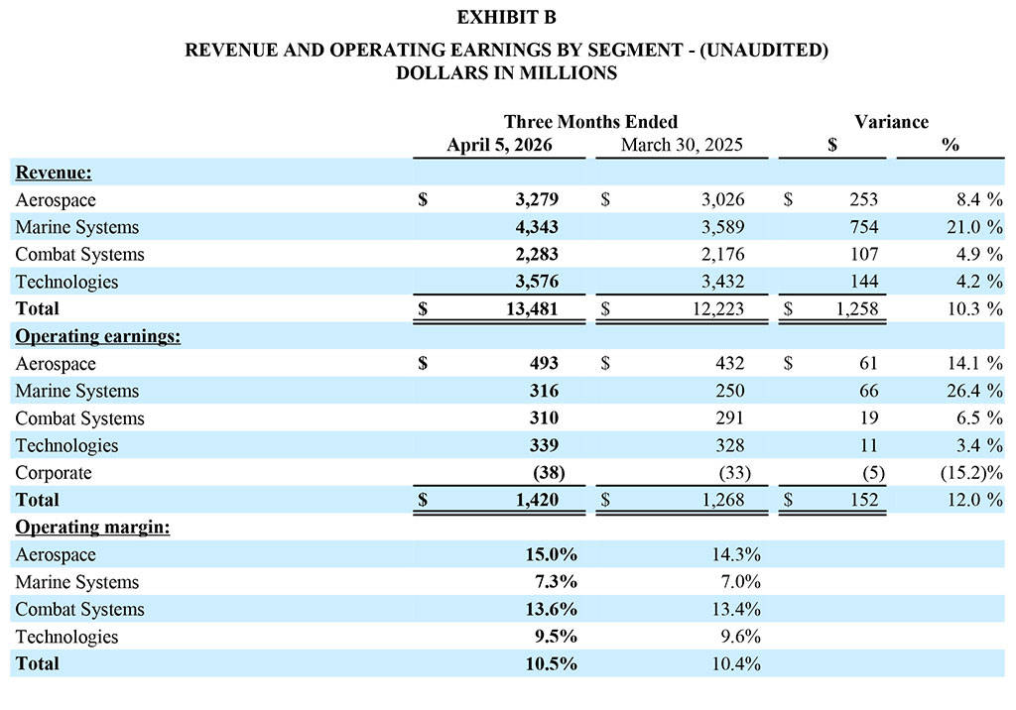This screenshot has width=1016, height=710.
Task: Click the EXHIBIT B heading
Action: [x=507, y=17]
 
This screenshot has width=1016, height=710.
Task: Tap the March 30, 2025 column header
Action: [x=681, y=145]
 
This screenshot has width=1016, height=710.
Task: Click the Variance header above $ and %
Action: [x=891, y=122]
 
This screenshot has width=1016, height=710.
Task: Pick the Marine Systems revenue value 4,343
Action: [x=535, y=227]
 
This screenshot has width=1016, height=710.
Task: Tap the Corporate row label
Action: [x=54, y=473]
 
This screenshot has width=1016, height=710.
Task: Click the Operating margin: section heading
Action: [x=92, y=528]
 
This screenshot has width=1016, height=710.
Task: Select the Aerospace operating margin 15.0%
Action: [x=551, y=554]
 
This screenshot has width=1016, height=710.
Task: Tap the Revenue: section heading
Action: [x=54, y=173]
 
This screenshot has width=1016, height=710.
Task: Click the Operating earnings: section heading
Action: [x=97, y=336]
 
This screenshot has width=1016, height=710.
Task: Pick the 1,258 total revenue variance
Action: [x=855, y=308]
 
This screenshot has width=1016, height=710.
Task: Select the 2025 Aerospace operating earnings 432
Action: [x=729, y=364]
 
